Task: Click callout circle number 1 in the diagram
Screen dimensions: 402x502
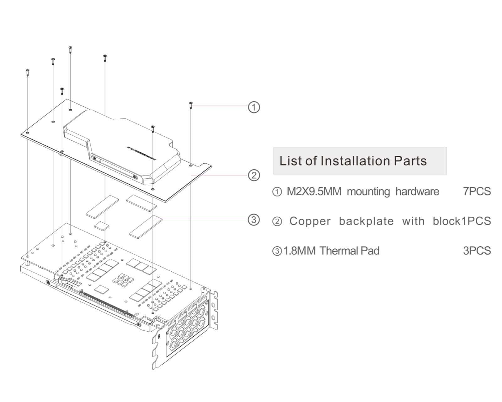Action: click(x=254, y=107)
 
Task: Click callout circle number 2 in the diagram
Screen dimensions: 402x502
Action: click(x=254, y=175)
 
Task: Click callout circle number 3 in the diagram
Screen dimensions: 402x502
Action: click(x=254, y=220)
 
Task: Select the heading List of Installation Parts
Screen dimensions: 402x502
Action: click(x=353, y=161)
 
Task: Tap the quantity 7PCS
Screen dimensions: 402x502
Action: click(x=477, y=191)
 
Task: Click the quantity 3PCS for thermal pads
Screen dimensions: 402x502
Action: click(x=477, y=251)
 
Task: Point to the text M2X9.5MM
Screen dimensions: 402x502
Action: click(x=314, y=191)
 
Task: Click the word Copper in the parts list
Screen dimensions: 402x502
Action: click(x=310, y=221)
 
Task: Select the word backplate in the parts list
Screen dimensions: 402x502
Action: click(x=366, y=221)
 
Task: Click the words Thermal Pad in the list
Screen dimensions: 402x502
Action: click(x=350, y=251)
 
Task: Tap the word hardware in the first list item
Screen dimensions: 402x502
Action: click(x=417, y=191)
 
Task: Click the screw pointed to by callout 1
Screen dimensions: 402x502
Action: click(x=190, y=105)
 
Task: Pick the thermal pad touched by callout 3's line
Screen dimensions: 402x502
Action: click(x=146, y=226)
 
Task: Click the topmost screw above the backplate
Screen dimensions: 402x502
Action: click(x=70, y=50)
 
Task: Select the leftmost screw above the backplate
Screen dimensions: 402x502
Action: click(x=28, y=72)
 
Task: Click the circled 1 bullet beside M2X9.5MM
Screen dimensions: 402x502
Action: click(x=277, y=192)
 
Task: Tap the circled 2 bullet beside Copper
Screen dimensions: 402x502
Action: click(x=277, y=222)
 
